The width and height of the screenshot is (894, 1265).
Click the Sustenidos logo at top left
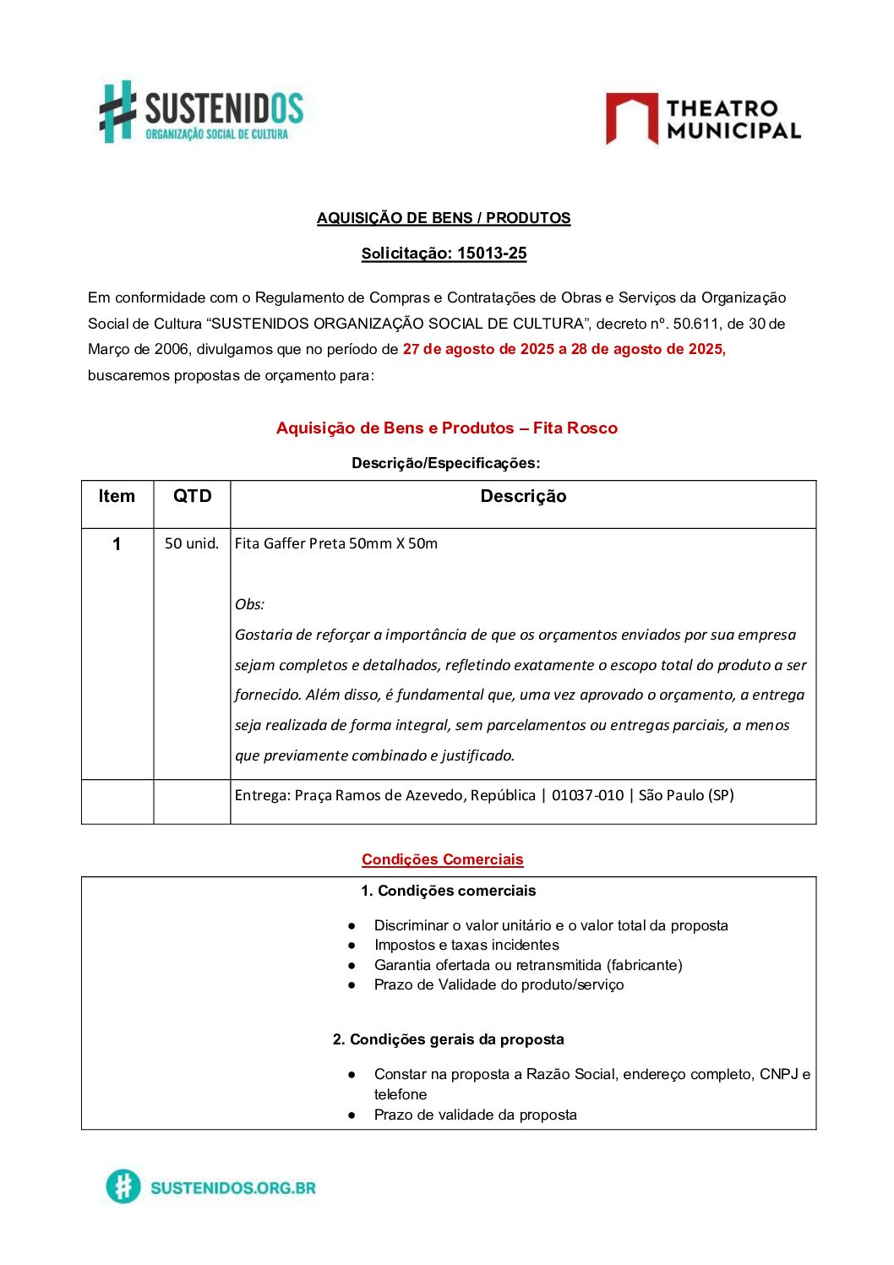point(201,112)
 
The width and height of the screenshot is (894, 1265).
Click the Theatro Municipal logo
point(702,119)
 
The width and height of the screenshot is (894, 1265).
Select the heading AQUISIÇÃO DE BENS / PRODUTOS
point(444,218)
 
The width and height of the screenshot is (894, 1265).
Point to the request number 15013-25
point(492,254)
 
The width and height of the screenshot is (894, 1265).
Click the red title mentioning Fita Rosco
point(446,428)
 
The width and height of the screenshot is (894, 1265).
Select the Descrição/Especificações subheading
point(445,463)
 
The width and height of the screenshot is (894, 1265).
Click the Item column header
point(117,497)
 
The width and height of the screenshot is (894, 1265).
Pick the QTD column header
point(192,497)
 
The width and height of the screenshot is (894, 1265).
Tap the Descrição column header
point(523,497)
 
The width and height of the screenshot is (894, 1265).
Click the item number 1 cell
point(117,545)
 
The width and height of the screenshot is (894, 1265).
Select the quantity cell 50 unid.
point(192,544)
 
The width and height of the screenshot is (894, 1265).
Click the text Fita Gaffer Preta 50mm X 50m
point(336,544)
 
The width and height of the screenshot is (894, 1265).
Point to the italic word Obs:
point(250,604)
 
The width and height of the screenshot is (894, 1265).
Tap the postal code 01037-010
point(587,796)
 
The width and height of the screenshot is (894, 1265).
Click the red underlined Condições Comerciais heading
point(443,860)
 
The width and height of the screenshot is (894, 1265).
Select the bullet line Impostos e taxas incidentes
point(466,946)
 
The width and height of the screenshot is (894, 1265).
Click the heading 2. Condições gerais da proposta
point(448,1040)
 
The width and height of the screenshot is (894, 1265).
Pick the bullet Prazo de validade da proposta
point(475,1115)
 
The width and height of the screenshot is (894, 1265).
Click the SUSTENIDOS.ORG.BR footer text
point(232,1188)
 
